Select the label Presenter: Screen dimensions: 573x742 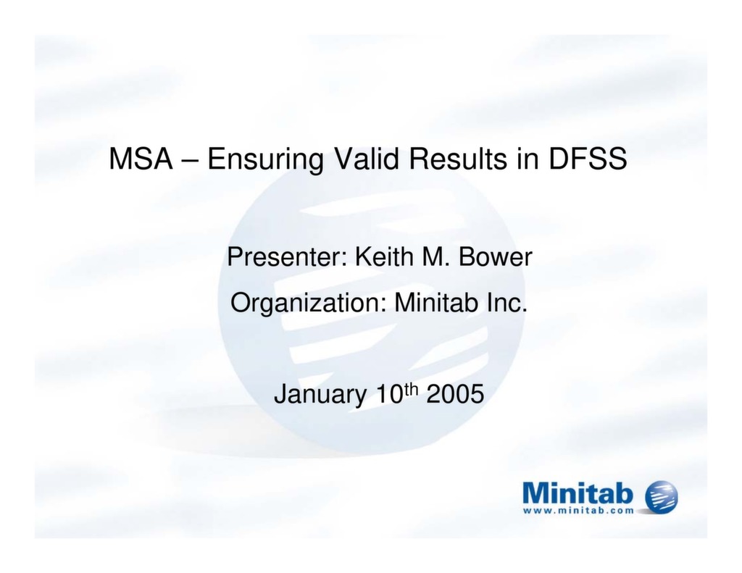tap(287, 256)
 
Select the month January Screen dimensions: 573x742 tap(320, 395)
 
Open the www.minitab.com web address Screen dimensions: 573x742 tap(578, 510)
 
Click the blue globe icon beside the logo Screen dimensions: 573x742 tap(662, 497)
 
